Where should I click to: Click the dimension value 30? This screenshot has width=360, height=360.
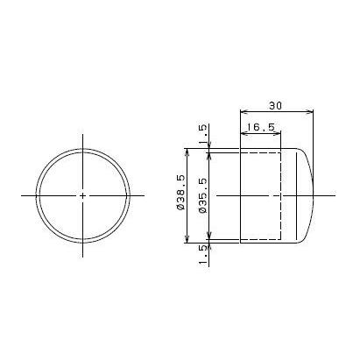(276, 104)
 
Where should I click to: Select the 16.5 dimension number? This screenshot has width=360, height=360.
(259, 128)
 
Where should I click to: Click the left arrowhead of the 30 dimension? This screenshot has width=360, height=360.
(244, 111)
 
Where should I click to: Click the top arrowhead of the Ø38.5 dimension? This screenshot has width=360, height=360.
(188, 152)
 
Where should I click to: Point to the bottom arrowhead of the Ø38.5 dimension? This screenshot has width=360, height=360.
(188, 240)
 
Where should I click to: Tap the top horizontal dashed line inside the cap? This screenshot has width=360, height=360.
(261, 152)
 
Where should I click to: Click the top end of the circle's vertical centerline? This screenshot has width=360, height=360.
(83, 135)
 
